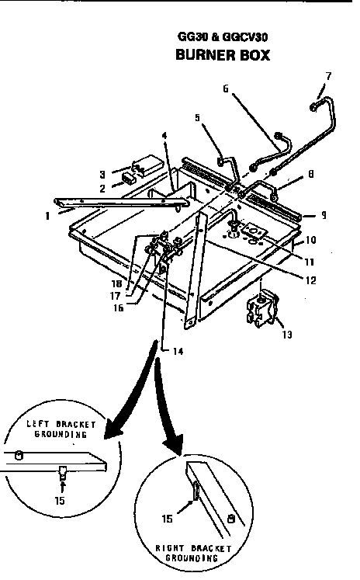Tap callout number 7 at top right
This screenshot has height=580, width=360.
tap(328, 75)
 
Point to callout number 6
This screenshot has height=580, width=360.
tap(226, 89)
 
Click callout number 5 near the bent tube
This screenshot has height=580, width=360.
tap(197, 118)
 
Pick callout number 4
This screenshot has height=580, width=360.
tap(164, 136)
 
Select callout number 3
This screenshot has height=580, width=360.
tap(101, 174)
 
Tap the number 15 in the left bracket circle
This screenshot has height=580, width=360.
tap(61, 500)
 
